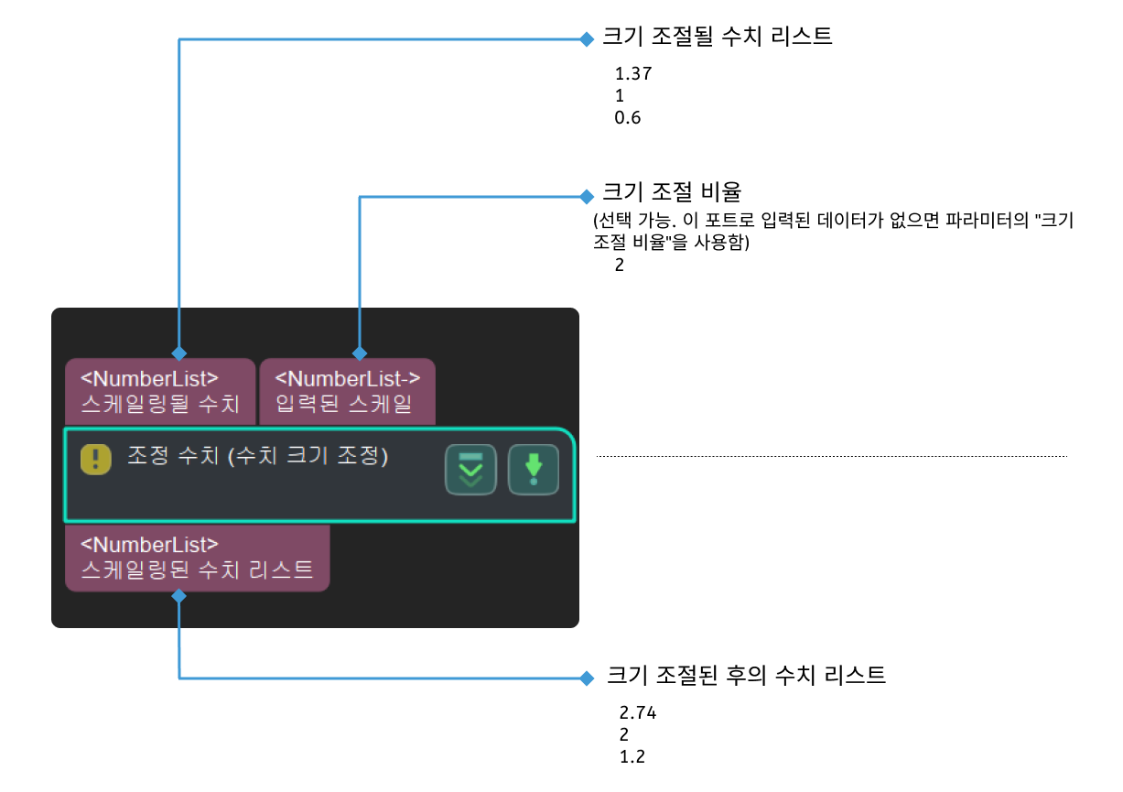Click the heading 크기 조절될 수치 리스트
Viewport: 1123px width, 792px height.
[717, 38]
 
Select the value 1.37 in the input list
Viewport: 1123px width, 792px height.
[633, 74]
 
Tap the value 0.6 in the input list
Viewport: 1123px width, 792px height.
[628, 117]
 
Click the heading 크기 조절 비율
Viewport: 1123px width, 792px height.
[671, 193]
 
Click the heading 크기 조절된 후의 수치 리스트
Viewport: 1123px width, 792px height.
[746, 677]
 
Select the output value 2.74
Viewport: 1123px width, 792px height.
[638, 713]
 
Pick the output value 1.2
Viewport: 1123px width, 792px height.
[632, 757]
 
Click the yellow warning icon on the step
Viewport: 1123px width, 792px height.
[95, 458]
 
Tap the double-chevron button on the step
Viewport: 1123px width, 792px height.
[470, 470]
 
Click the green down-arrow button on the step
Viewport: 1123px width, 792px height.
[534, 470]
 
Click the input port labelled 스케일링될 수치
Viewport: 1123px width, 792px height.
[160, 391]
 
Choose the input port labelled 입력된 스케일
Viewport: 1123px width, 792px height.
[347, 391]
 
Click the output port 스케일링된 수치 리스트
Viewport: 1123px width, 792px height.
[197, 558]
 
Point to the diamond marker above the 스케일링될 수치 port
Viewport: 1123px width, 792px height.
[179, 353]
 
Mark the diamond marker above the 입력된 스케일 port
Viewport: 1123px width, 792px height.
[360, 353]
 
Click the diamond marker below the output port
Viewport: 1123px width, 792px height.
[179, 596]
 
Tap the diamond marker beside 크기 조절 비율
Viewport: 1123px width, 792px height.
[587, 196]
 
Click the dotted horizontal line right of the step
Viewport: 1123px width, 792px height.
[831, 456]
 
